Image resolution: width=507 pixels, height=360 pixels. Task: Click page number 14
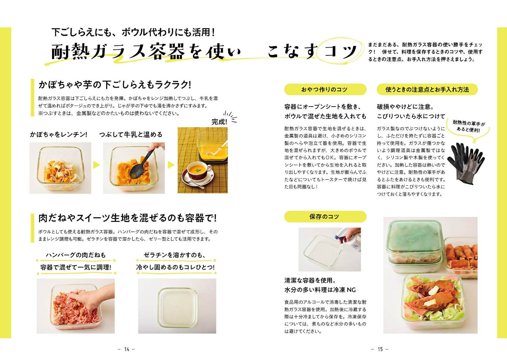point(126,349)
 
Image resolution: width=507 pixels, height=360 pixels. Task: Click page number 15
point(380,349)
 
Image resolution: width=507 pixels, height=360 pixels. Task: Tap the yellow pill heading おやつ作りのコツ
point(324,90)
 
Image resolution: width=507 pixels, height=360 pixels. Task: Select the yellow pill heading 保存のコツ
point(324,217)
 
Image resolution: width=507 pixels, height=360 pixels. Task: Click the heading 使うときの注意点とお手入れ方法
point(427,90)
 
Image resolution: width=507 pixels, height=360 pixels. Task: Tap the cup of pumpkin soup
point(199,171)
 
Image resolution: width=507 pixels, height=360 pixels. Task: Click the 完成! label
point(219,122)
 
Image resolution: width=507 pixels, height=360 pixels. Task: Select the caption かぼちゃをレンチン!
point(59,134)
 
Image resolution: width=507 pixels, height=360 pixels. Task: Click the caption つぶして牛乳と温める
point(131,134)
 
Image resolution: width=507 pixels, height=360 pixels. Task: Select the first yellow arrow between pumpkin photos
point(97,165)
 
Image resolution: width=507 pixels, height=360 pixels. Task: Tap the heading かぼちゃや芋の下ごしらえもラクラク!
point(115,85)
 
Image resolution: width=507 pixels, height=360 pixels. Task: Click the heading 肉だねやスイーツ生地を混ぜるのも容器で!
point(127,218)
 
